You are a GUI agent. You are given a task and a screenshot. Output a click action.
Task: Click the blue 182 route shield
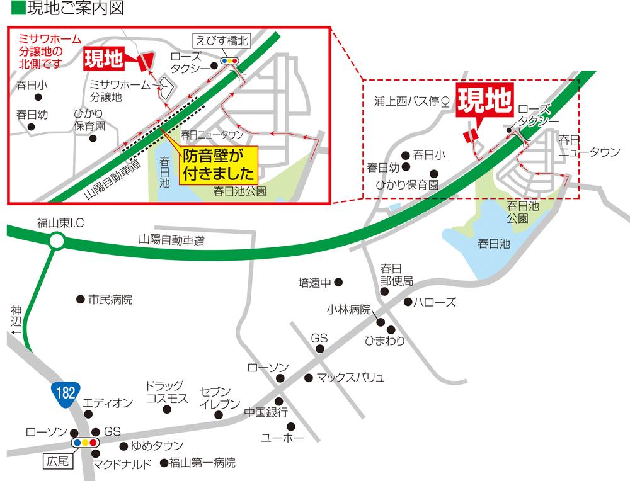65,392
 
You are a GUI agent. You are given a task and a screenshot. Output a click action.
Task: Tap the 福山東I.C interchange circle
57,240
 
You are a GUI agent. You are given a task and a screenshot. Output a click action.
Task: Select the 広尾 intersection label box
58,461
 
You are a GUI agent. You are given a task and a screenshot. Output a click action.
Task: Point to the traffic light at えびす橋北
229,60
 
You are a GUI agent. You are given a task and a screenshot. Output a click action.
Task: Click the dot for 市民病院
80,300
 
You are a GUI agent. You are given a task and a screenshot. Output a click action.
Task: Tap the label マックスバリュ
350,378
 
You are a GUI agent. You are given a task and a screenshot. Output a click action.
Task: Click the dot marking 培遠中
338,282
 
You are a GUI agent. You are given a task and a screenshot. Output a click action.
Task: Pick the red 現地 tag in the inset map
104,60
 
